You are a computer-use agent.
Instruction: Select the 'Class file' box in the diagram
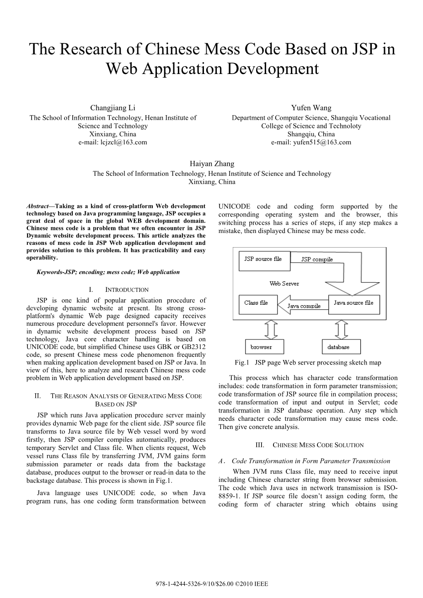[257, 303]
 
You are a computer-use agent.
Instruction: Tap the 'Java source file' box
[353, 303]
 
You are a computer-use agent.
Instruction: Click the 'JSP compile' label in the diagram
[317, 259]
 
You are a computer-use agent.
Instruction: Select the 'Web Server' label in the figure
[284, 284]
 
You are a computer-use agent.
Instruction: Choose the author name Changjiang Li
[113, 108]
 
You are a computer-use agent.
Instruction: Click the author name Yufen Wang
[311, 108]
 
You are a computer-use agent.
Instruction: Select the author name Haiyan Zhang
[212, 164]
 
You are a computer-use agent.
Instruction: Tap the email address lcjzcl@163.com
[113, 142]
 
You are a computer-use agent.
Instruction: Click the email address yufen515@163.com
[311, 142]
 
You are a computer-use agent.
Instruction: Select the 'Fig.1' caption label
[241, 363]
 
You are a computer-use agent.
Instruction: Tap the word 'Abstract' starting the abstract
[37, 206]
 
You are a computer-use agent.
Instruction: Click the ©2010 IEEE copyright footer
[212, 584]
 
